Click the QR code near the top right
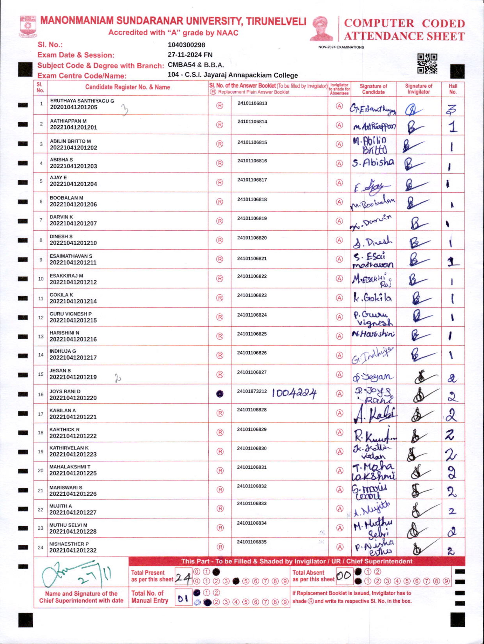(x=427, y=64)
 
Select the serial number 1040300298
(x=186, y=45)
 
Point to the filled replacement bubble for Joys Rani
(x=220, y=394)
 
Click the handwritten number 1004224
(x=294, y=394)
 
